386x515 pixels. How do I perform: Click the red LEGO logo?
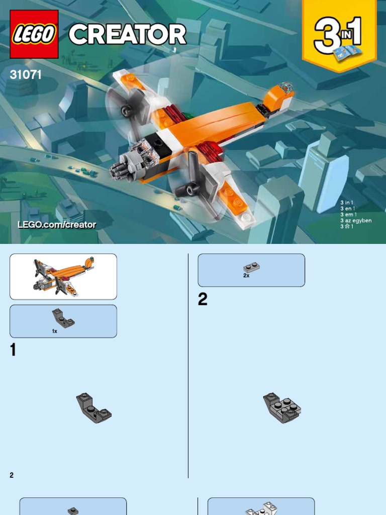click(x=34, y=34)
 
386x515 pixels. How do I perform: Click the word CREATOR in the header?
click(x=128, y=35)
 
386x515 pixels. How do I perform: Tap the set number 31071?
click(x=26, y=74)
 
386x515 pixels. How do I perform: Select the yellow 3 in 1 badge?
click(x=339, y=35)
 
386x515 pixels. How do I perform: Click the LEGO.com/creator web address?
click(x=57, y=225)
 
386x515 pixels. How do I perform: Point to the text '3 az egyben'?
click(x=356, y=220)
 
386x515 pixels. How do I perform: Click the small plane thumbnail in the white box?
click(x=63, y=277)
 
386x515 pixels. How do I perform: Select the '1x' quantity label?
click(x=54, y=331)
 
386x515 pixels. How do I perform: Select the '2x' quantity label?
click(x=246, y=276)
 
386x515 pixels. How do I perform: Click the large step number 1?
click(x=13, y=350)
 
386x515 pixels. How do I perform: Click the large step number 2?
click(x=203, y=299)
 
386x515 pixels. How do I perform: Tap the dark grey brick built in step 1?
click(x=94, y=407)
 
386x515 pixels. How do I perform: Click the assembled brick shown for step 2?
click(x=282, y=407)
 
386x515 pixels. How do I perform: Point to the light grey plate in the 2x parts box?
click(x=252, y=268)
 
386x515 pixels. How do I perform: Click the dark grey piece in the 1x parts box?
click(x=63, y=318)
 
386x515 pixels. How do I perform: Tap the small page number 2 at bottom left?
click(x=12, y=475)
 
